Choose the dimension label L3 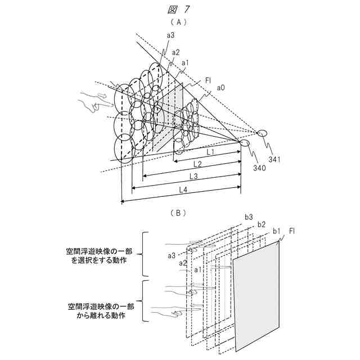tap(193, 177)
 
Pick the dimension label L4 tap(183, 190)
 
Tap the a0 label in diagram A tap(221, 88)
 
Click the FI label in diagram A tap(208, 80)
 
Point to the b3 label tap(249, 217)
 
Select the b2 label tap(261, 224)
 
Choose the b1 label tap(276, 231)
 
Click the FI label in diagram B tap(292, 231)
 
